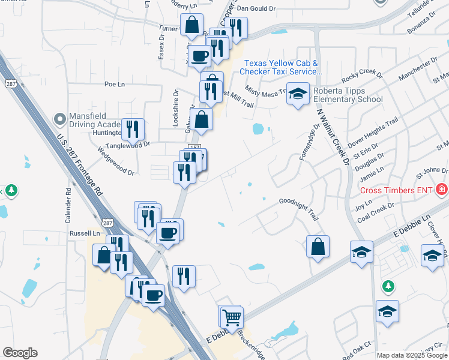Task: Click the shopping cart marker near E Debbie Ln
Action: [231, 316]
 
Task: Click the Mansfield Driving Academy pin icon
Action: [59, 119]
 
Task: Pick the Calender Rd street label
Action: [68, 207]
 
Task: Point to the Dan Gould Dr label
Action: [256, 9]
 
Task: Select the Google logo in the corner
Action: [20, 353]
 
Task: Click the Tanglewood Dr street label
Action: [127, 145]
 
